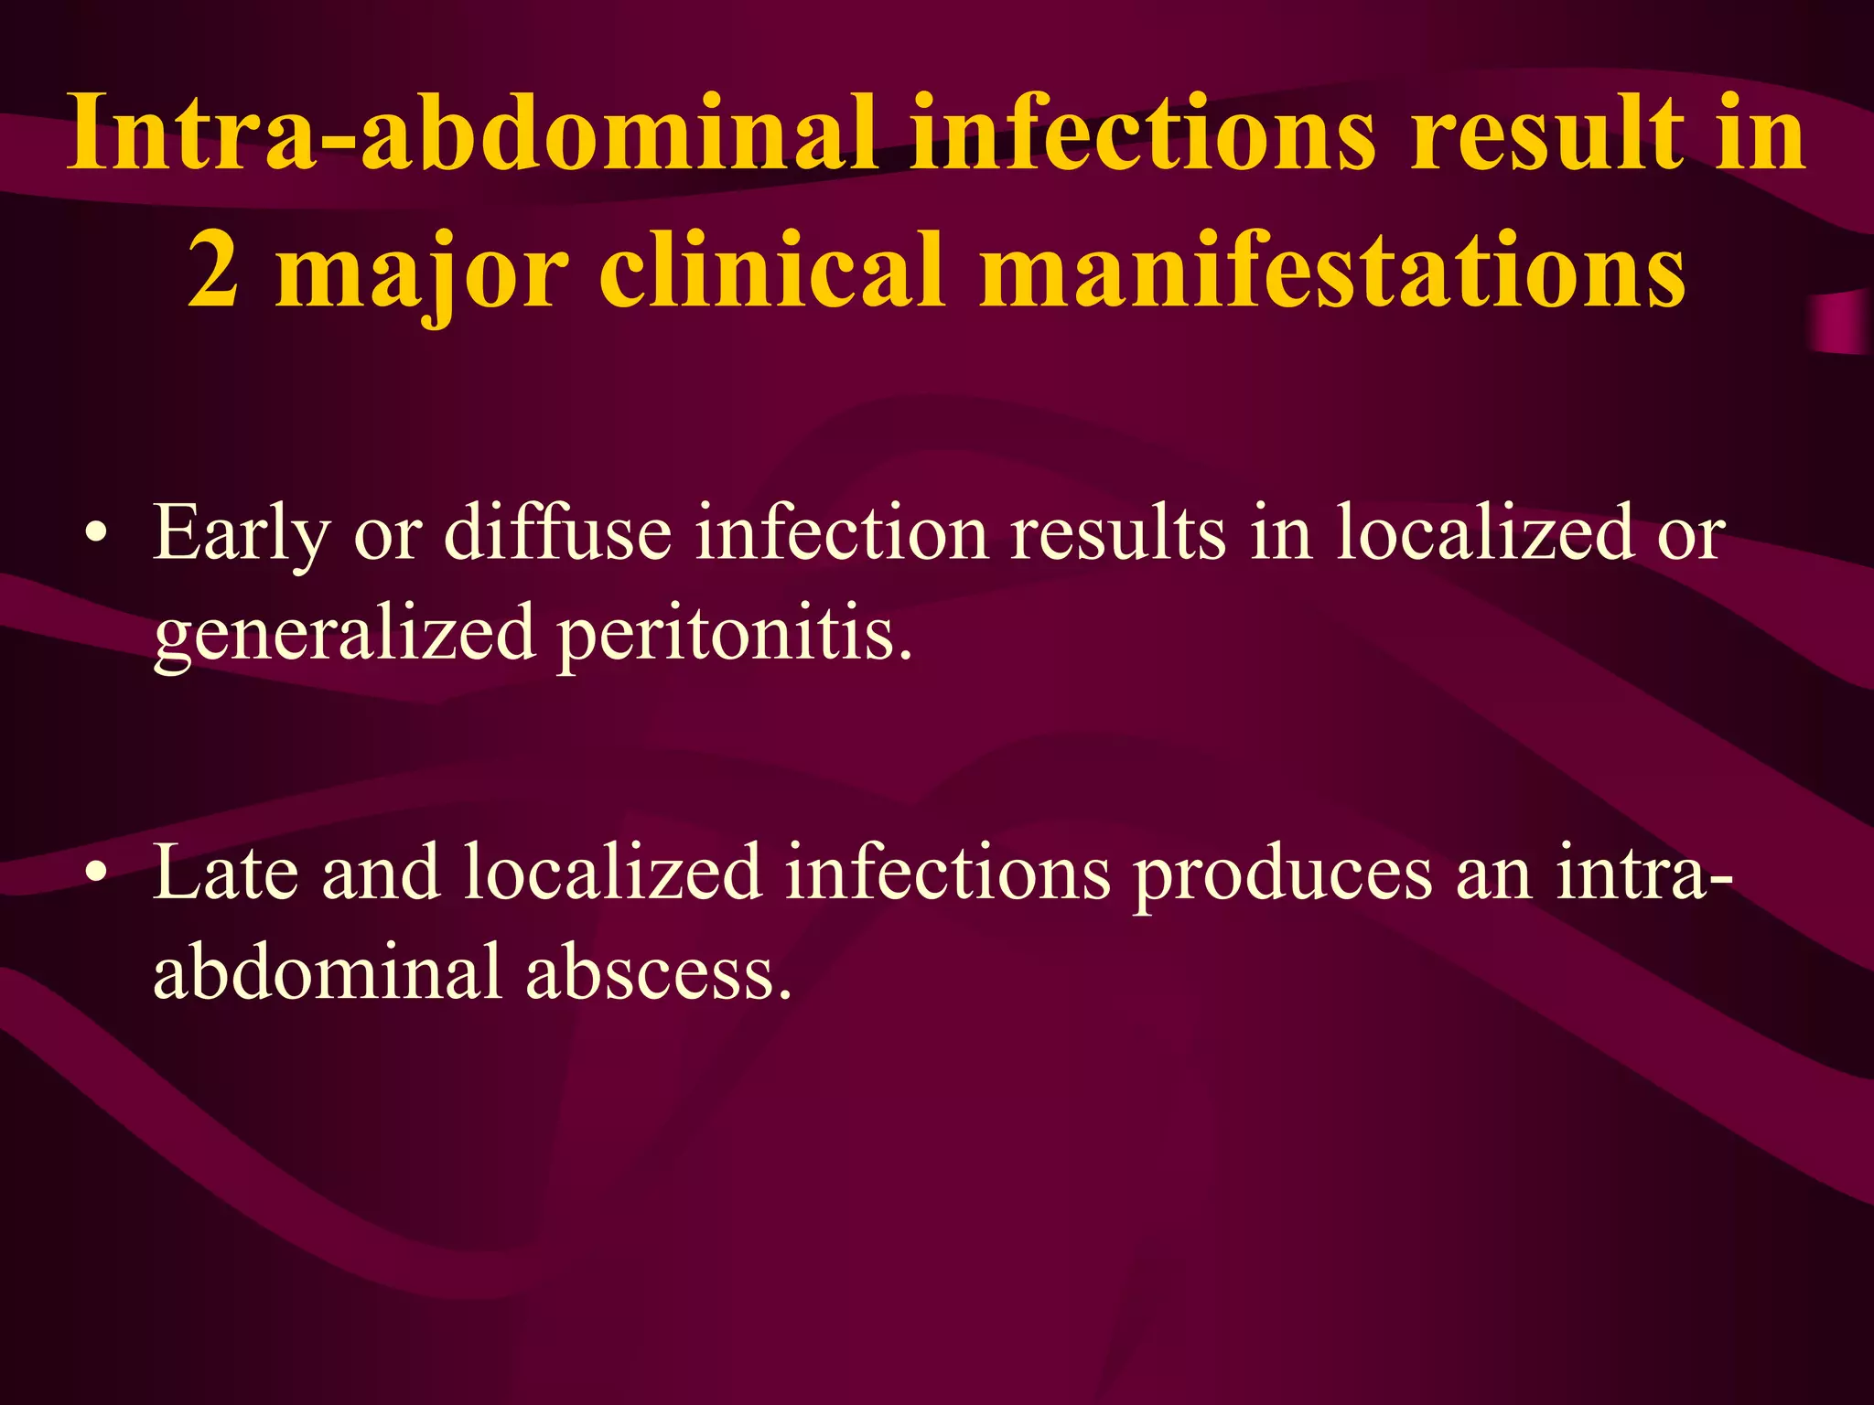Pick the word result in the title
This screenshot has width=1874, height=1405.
pyautogui.click(x=1546, y=134)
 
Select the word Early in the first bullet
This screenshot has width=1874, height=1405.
pyautogui.click(x=241, y=534)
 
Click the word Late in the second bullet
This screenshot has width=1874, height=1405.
pyautogui.click(x=225, y=874)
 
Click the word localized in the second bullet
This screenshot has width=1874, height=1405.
pyautogui.click(x=612, y=874)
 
